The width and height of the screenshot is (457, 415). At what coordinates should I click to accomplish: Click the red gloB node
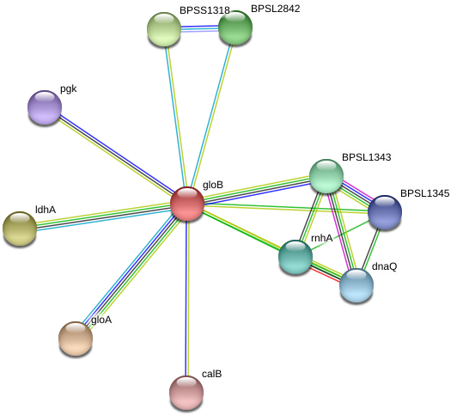[187, 204]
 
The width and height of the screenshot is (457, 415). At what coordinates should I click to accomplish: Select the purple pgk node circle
[45, 107]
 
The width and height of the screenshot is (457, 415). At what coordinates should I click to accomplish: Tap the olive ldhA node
[20, 229]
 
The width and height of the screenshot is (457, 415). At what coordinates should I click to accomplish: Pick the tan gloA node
[76, 338]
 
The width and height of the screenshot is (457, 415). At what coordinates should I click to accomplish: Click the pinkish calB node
[186, 393]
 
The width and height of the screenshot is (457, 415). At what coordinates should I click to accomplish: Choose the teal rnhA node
[296, 256]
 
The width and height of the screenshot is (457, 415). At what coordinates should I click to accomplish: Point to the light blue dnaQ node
[356, 285]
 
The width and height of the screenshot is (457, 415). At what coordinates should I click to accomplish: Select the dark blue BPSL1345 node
[385, 212]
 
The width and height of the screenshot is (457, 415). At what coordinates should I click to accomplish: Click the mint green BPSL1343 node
[326, 176]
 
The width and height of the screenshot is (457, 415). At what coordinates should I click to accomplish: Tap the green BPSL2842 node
[235, 27]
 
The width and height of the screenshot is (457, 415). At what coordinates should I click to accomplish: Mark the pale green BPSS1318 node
[164, 29]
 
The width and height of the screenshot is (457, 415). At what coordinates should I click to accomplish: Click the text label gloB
[213, 185]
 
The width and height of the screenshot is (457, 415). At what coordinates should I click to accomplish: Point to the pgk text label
[69, 88]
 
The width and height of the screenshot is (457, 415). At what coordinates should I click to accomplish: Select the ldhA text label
[46, 210]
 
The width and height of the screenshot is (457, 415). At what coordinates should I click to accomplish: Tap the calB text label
[211, 374]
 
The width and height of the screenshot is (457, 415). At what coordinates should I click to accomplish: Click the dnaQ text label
[384, 266]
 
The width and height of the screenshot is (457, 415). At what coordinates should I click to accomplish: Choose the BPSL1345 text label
[424, 193]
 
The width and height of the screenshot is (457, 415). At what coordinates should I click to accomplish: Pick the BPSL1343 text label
[366, 157]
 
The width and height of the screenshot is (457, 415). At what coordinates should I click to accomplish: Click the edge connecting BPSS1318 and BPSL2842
[199, 28]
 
